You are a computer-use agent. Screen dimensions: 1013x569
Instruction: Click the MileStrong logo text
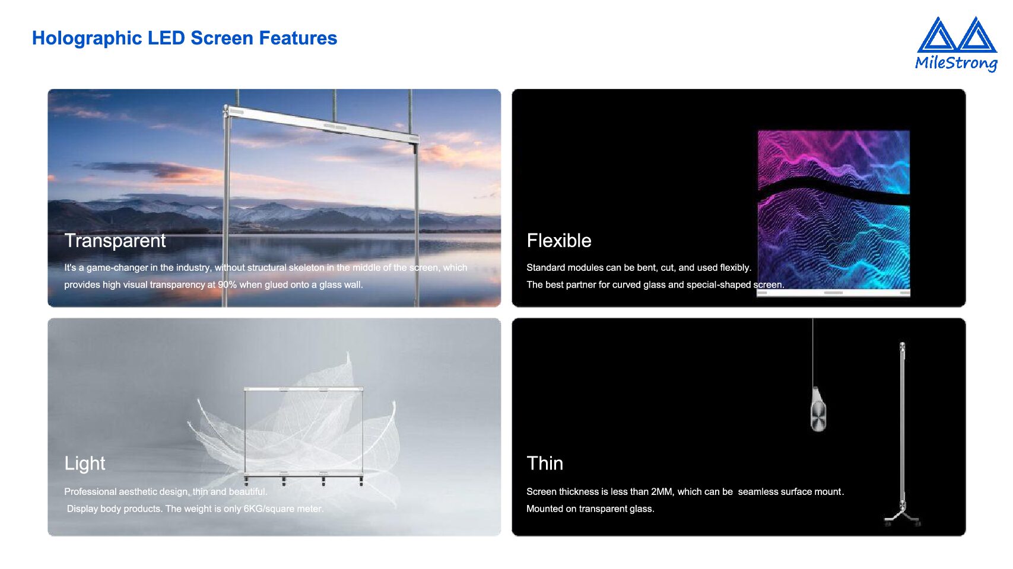pos(956,63)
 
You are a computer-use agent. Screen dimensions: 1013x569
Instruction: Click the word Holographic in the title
pos(87,39)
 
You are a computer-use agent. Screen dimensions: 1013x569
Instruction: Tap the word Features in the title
pos(298,38)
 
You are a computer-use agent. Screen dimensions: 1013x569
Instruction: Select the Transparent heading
pos(115,241)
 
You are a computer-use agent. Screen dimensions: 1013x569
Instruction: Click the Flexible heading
pos(559,241)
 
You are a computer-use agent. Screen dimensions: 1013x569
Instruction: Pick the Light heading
pos(85,463)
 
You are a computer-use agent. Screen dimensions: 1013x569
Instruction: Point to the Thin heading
pos(545,463)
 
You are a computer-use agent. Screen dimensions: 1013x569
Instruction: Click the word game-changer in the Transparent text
pos(117,268)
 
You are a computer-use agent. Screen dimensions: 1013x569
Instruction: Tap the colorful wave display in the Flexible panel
pos(833,210)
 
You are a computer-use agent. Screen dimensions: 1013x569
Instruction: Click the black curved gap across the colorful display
pos(833,191)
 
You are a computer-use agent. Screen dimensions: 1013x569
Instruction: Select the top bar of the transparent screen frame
pos(322,124)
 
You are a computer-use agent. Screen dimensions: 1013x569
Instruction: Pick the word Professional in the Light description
pos(90,492)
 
